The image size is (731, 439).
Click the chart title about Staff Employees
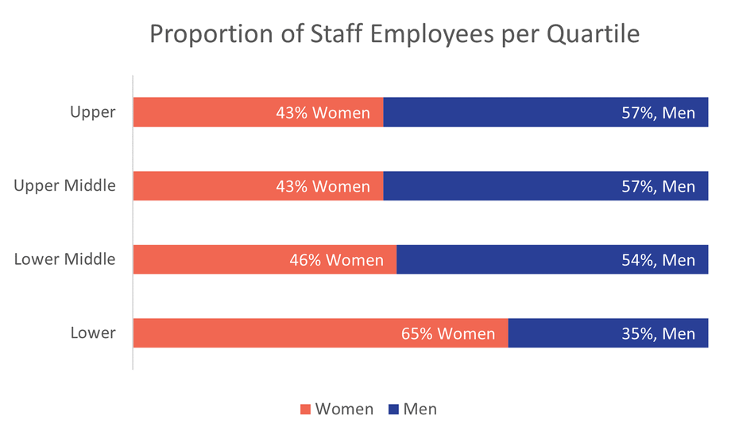pyautogui.click(x=394, y=36)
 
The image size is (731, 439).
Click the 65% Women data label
pyautogui.click(x=448, y=334)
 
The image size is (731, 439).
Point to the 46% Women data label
pyautogui.click(x=336, y=260)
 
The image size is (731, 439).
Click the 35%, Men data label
pyautogui.click(x=658, y=334)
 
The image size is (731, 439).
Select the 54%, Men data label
pyautogui.click(x=658, y=260)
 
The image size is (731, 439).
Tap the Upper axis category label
pyautogui.click(x=92, y=112)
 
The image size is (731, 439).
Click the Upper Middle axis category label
pyautogui.click(x=65, y=186)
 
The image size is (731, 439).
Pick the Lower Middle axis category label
pyautogui.click(x=65, y=259)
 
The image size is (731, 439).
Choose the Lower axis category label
pyautogui.click(x=92, y=333)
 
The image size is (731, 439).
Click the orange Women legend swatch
pyautogui.click(x=305, y=410)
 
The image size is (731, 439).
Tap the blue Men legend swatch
pyautogui.click(x=393, y=410)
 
